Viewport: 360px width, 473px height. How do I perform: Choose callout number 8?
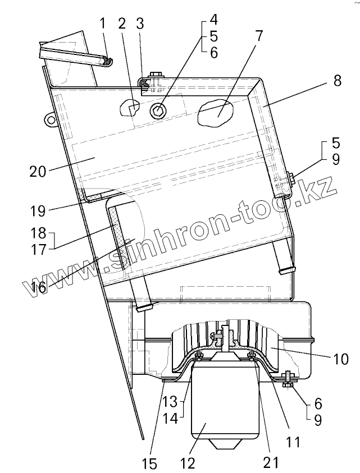pos(336,80)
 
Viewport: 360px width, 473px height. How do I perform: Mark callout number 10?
pos(341,357)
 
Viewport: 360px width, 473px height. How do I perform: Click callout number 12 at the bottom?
pos(188,463)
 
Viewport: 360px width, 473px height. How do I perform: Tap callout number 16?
pos(38,287)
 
